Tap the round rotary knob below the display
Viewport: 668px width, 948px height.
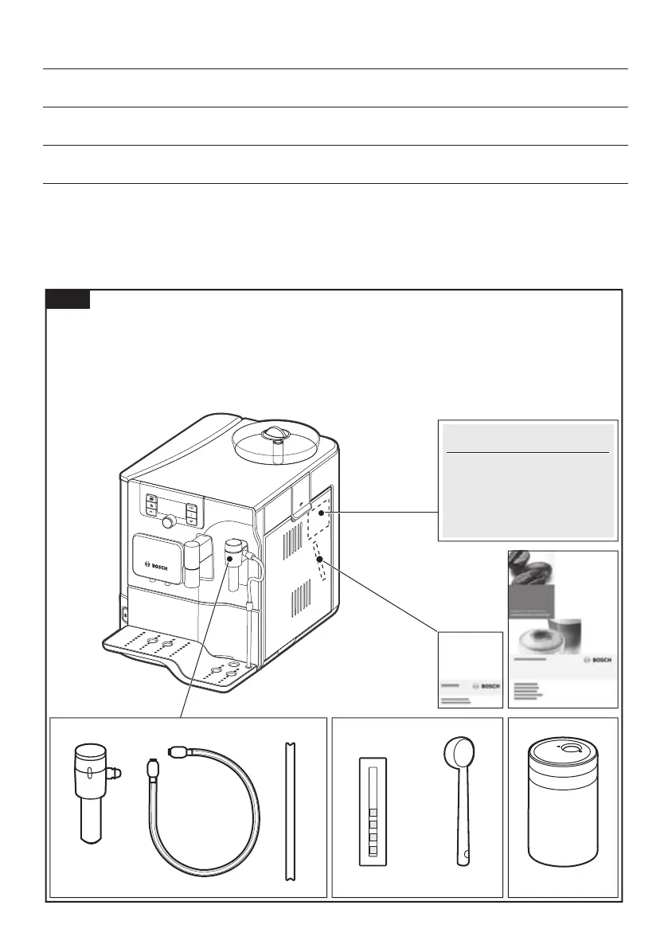point(169,521)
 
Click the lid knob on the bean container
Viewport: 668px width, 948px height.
point(275,435)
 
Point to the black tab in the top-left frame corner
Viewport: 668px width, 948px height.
point(68,300)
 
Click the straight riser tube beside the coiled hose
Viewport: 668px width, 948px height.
point(288,811)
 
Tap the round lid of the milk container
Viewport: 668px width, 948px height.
point(563,751)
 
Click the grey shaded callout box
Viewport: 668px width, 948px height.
point(528,480)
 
